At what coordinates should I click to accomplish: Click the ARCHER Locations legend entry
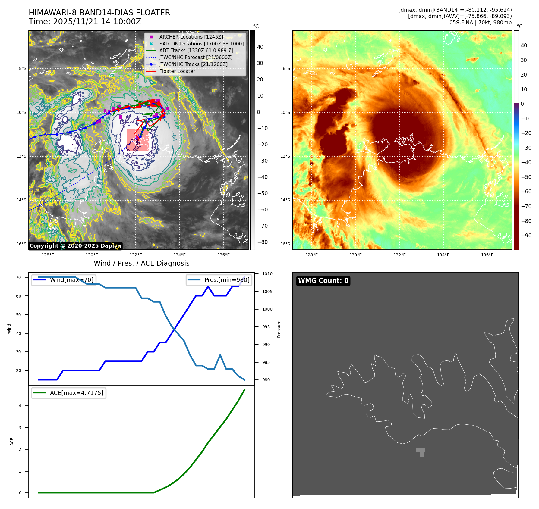(x=191, y=37)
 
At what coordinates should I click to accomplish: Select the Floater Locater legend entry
(x=177, y=71)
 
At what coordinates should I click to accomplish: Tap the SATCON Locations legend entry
(x=201, y=44)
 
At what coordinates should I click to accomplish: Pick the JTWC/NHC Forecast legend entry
(x=196, y=57)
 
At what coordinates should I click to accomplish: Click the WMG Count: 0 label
(x=323, y=281)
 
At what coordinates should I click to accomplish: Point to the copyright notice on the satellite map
(x=75, y=246)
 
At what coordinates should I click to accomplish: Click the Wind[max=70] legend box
(x=64, y=280)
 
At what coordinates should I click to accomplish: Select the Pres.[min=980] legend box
(x=219, y=280)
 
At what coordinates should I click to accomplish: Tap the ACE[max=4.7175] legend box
(x=69, y=393)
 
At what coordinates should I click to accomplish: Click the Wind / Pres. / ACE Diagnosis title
(x=141, y=263)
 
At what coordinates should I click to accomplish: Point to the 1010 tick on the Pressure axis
(x=267, y=274)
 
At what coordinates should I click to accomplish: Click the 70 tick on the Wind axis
(x=19, y=277)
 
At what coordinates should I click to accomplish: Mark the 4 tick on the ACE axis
(x=20, y=406)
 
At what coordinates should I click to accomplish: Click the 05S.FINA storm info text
(x=480, y=23)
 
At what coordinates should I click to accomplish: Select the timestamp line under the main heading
(x=85, y=22)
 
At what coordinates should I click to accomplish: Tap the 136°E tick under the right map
(x=487, y=255)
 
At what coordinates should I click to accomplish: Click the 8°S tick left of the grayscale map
(x=23, y=68)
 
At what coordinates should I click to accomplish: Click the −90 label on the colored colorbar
(x=526, y=236)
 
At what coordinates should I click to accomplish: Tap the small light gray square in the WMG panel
(x=421, y=451)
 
